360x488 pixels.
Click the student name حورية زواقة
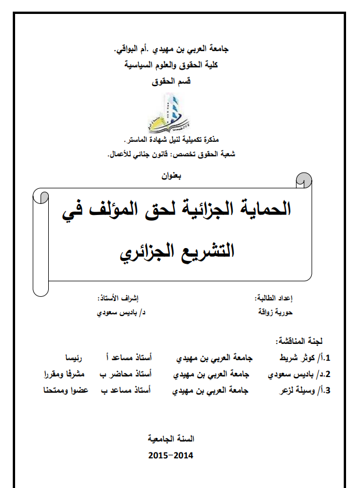[275, 312]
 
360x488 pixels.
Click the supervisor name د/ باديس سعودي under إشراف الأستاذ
[121, 312]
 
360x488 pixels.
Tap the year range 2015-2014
[171, 454]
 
